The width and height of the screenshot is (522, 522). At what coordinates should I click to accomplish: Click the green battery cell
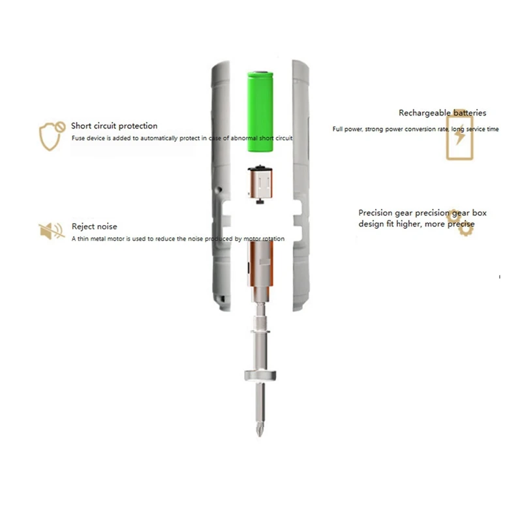(260, 112)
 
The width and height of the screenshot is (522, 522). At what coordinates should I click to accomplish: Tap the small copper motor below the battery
(260, 183)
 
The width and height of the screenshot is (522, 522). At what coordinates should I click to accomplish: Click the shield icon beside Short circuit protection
(52, 136)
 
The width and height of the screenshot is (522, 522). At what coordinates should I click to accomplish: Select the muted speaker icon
(52, 231)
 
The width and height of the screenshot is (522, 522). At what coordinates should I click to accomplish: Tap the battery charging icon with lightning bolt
(460, 134)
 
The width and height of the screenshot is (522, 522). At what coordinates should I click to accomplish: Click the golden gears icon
(461, 223)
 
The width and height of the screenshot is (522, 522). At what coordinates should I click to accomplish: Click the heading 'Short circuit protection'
(114, 126)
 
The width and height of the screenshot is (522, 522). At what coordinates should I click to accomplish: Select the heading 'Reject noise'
(95, 226)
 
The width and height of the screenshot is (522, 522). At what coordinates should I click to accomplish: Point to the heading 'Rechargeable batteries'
(442, 113)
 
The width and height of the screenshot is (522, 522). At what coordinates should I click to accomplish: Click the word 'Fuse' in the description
(78, 138)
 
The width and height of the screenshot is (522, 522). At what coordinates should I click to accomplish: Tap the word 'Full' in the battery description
(337, 129)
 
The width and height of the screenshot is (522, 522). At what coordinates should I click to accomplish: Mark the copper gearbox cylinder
(260, 264)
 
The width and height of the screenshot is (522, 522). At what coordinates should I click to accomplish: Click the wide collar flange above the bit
(260, 376)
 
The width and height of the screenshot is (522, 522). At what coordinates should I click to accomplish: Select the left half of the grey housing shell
(221, 186)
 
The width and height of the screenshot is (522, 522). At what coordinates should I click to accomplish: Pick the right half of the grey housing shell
(301, 186)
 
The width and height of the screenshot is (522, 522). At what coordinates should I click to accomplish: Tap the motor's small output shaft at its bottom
(260, 201)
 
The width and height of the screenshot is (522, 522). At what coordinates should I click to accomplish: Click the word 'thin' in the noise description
(84, 239)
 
